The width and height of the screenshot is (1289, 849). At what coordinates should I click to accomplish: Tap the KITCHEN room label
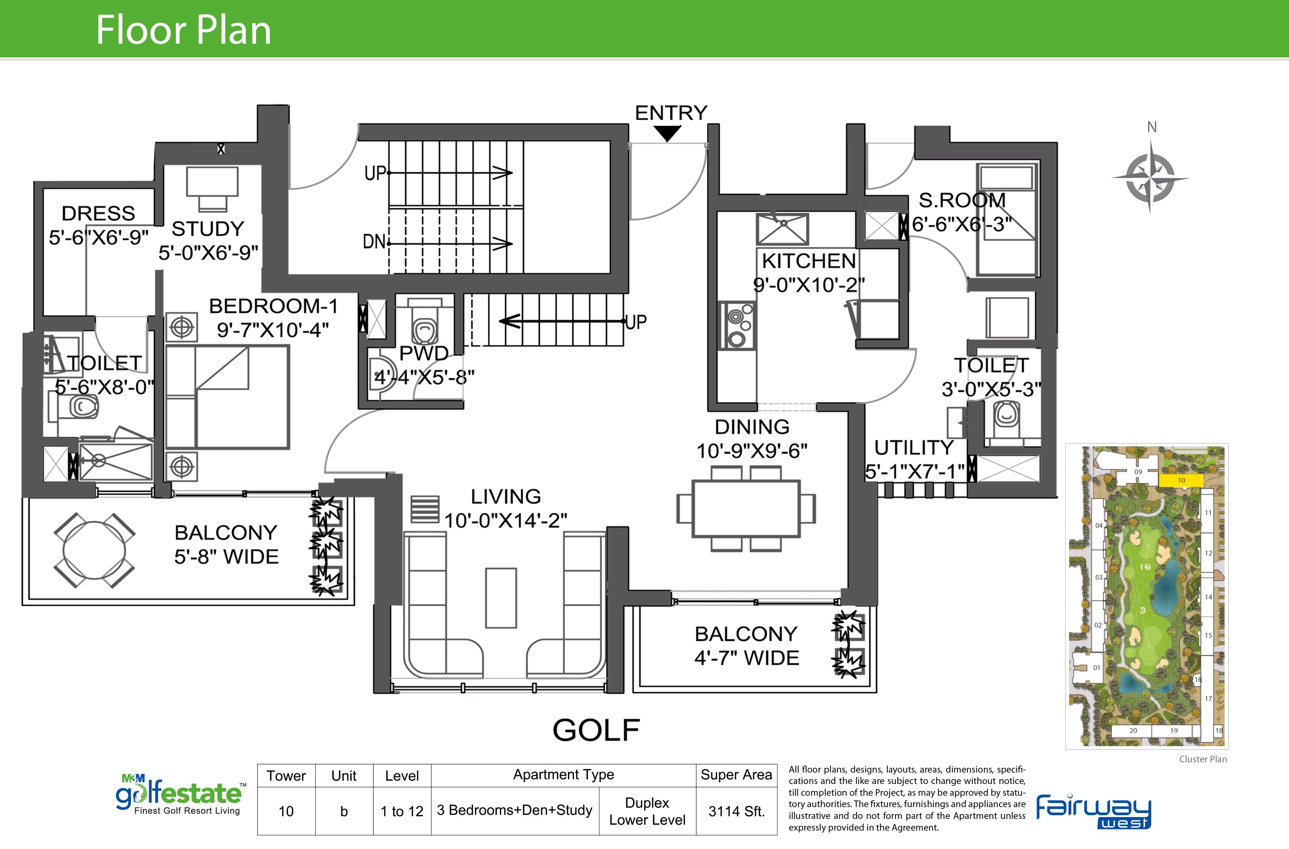[x=809, y=261]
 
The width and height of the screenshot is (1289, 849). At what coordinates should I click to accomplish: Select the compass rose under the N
[x=1151, y=176]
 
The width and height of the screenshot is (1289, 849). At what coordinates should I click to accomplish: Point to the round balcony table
[x=94, y=550]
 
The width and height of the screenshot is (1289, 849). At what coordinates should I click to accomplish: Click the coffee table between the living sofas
[x=501, y=598]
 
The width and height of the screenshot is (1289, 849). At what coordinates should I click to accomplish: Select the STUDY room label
[x=208, y=229]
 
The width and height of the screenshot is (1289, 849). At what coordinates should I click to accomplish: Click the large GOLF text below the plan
[x=596, y=730]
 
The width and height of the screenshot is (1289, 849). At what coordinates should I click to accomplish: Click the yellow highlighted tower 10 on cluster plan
[x=1181, y=480]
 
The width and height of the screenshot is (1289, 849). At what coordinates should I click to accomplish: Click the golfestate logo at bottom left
[x=180, y=794]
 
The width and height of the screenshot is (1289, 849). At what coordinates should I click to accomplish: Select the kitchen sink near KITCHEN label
[x=782, y=229]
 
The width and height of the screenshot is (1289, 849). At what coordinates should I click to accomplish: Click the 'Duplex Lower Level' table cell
[x=647, y=811]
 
